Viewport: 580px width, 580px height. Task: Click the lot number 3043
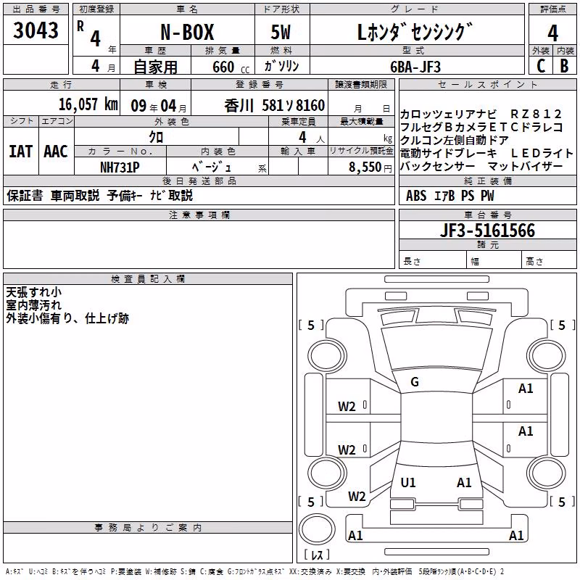36,30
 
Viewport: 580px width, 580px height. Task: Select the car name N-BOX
187,32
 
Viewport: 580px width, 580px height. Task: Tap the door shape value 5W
281,32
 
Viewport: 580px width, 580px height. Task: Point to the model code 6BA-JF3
415,67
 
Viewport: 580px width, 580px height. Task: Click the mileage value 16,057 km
88,104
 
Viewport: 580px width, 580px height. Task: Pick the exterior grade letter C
541,66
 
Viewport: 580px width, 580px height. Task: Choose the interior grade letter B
564,66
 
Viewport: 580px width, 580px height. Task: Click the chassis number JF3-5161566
487,231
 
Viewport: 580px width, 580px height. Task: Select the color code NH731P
120,167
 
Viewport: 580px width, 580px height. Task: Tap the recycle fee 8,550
365,167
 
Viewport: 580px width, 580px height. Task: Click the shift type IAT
21,152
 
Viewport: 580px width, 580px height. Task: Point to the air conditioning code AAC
56,152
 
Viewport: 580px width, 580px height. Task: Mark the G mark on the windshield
415,382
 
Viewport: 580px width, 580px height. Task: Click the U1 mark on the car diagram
408,483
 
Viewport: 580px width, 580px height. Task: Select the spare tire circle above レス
317,529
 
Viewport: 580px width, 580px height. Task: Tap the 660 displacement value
223,67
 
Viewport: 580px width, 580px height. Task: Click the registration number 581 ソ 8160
294,106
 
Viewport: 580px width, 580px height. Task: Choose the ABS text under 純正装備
416,196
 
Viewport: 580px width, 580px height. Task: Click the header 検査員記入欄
148,279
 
